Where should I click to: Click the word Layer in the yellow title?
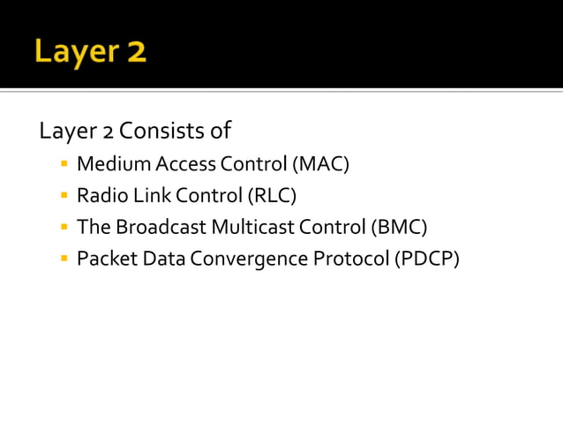click(x=74, y=52)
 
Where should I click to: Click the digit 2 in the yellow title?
click(x=135, y=52)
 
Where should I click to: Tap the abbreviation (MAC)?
click(x=321, y=164)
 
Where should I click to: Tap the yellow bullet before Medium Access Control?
click(x=64, y=164)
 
